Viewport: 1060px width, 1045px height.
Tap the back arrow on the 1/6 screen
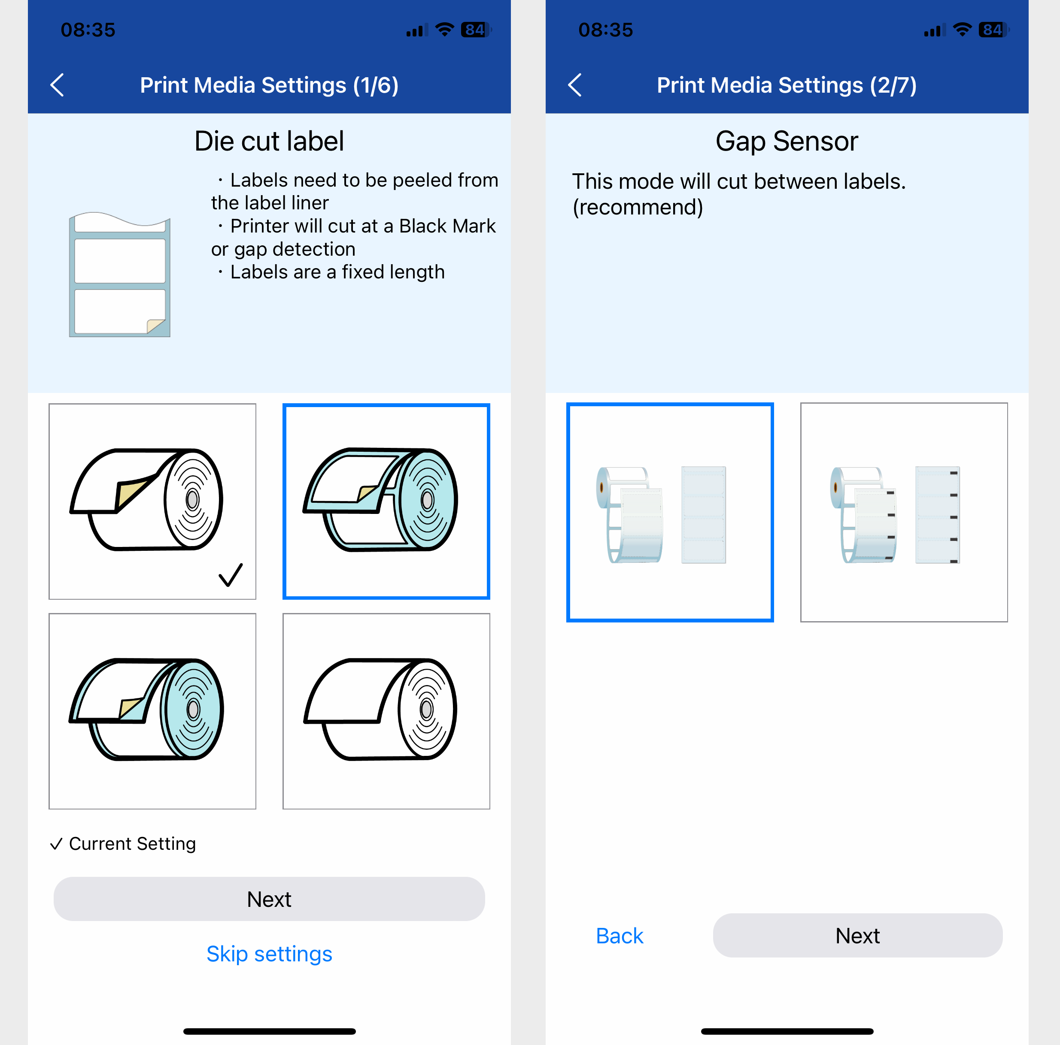point(57,85)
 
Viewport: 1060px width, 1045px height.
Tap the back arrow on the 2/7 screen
point(574,85)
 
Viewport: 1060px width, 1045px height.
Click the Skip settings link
point(269,954)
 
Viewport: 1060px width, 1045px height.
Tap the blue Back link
point(620,936)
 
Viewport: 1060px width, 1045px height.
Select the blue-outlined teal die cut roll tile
point(386,501)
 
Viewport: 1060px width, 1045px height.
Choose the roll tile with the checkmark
point(152,501)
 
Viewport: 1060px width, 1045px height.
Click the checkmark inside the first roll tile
point(231,574)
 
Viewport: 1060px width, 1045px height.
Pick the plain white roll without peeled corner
point(386,711)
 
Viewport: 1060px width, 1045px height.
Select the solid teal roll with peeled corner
point(152,711)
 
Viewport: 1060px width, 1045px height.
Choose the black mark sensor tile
point(904,512)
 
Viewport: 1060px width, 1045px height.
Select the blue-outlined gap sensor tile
point(670,512)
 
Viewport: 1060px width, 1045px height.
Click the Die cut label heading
point(269,141)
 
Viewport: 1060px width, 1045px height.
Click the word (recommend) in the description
point(638,207)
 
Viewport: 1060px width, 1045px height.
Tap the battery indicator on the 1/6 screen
point(476,30)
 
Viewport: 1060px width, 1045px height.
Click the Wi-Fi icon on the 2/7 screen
point(963,30)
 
